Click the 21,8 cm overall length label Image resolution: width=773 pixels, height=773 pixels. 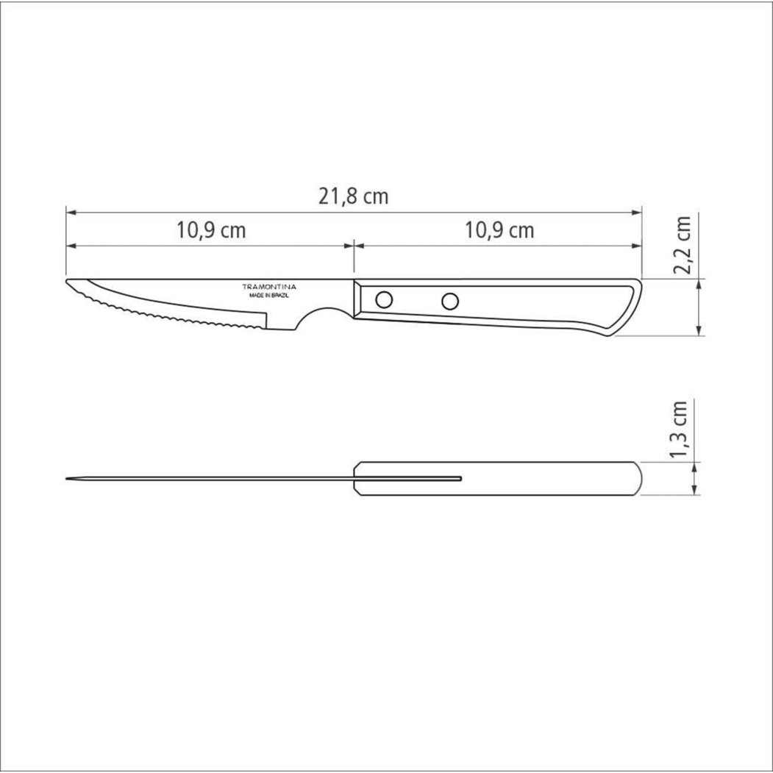(353, 196)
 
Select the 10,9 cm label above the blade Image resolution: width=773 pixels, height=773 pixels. (211, 230)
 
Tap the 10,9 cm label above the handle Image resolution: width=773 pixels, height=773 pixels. (499, 230)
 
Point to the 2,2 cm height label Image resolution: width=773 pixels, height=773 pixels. (682, 244)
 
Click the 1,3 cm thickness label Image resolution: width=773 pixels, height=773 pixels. (679, 430)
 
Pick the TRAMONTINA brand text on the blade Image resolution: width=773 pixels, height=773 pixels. (269, 286)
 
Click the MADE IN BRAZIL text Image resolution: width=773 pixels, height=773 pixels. (269, 296)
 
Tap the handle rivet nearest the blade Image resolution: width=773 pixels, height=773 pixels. (384, 299)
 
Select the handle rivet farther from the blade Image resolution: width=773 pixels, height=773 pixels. (450, 301)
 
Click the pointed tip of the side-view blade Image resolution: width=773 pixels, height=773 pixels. (67, 281)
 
